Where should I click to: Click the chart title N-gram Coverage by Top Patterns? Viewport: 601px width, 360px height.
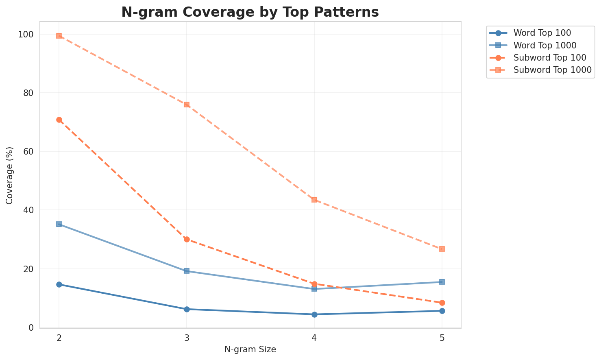[250, 12]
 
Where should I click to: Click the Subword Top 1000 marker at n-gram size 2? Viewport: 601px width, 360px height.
[59, 36]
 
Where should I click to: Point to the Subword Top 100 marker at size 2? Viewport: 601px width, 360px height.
[59, 120]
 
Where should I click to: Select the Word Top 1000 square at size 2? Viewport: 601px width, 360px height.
[59, 224]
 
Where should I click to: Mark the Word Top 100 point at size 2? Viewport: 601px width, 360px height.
[59, 284]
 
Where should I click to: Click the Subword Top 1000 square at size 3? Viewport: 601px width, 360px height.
[187, 105]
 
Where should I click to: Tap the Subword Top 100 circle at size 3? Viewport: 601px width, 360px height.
[187, 239]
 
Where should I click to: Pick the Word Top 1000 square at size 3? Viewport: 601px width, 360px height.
[187, 271]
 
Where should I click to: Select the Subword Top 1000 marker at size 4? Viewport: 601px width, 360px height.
[314, 200]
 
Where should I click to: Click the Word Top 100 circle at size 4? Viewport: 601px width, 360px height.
[314, 314]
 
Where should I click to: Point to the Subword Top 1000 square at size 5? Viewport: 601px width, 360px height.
[442, 249]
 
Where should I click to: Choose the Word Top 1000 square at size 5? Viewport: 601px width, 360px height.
[442, 282]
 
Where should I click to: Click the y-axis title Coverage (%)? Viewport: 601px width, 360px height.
[9, 175]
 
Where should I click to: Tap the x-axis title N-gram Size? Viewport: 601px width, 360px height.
[250, 349]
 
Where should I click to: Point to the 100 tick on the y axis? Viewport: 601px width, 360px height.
[27, 35]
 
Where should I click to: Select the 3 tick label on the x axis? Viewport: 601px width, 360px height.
[187, 337]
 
